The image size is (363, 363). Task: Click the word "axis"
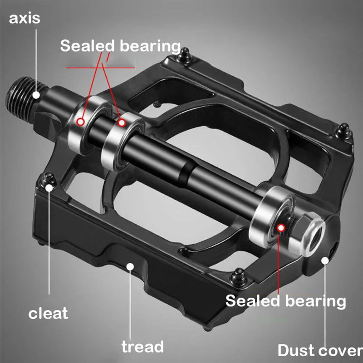(25, 19)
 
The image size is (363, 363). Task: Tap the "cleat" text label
(48, 313)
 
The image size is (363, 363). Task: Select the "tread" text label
(142, 347)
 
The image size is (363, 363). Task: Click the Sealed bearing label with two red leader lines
(120, 46)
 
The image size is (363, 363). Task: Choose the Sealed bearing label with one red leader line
(285, 300)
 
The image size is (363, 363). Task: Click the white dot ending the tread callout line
(130, 265)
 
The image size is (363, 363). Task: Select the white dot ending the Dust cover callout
(325, 260)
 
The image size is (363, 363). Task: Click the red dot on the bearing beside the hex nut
(282, 227)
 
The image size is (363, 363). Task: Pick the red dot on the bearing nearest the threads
(81, 121)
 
